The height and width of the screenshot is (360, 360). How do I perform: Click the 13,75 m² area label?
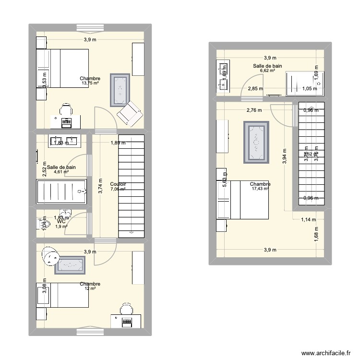pos(90,83)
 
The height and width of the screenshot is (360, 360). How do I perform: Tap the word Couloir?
pos(118,184)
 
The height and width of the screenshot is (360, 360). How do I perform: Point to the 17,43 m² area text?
pos(260,189)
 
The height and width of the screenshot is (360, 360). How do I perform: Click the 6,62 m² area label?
pos(267,71)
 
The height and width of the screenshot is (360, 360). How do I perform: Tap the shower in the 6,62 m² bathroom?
pos(305,82)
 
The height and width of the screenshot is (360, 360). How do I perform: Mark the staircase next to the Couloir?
pos(132,185)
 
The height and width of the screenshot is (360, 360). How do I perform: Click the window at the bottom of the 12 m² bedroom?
pos(89,331)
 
